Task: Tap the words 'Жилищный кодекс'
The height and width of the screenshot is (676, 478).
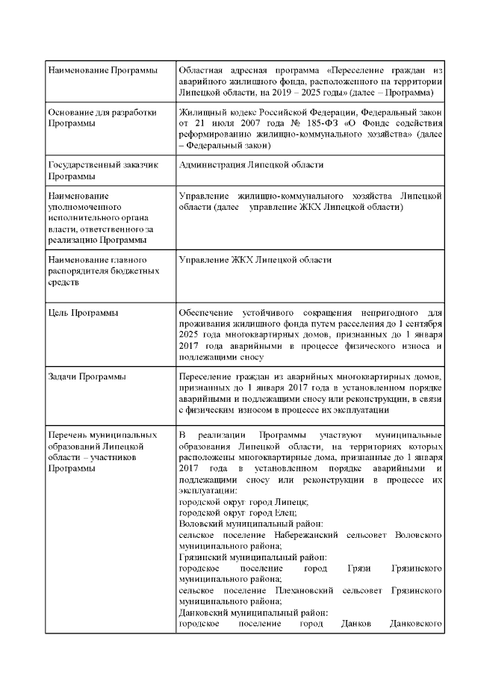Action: coord(215,112)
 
